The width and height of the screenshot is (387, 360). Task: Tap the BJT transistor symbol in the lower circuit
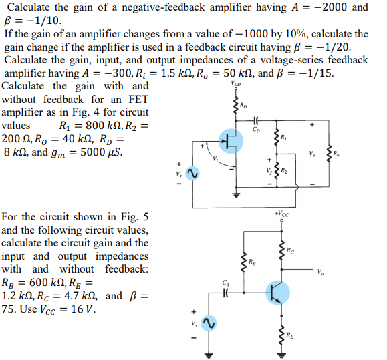pyautogui.click(x=274, y=292)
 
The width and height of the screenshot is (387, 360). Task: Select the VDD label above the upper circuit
pyautogui.click(x=235, y=84)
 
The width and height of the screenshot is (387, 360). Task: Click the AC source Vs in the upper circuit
pyautogui.click(x=192, y=173)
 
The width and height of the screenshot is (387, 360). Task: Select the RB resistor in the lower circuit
pyautogui.click(x=244, y=262)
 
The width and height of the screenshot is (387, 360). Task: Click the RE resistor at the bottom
pyautogui.click(x=281, y=335)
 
